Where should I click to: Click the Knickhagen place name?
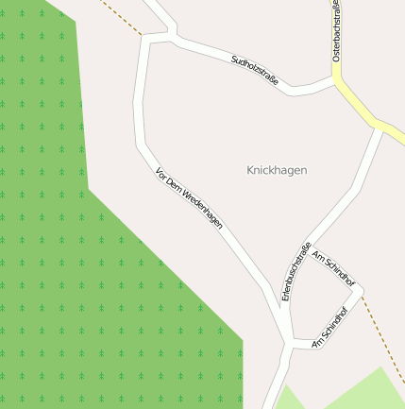[x=277, y=170]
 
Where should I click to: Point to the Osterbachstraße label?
[x=335, y=32]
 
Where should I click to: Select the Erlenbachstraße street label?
[x=296, y=272]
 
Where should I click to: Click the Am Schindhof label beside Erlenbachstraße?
[x=333, y=269]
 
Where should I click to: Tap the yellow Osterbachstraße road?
[x=360, y=107]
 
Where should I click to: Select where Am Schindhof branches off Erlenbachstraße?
[x=307, y=249]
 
